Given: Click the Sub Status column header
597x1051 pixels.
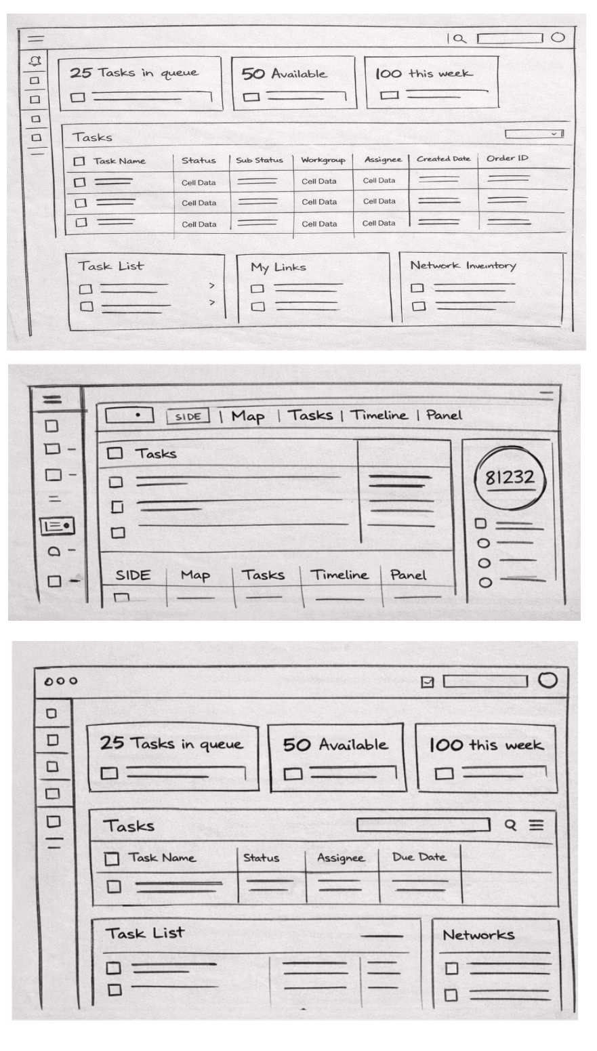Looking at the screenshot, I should coord(260,161).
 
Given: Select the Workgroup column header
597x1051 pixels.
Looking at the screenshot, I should coord(323,161).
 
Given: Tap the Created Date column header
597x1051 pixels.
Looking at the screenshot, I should coord(443,159).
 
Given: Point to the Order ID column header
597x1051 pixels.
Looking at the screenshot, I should coord(507,159).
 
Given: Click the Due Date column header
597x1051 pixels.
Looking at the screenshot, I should coord(419,857).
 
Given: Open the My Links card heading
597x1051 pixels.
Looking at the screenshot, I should coord(278,268).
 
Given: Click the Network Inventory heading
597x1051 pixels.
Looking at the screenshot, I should coord(463,266).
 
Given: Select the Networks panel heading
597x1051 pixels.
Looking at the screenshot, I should coord(478,935).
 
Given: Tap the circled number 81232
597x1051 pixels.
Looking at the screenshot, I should coord(509,477).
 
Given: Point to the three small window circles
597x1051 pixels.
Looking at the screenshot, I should coord(61,681).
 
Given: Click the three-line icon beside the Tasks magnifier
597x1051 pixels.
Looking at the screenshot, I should coord(536,825).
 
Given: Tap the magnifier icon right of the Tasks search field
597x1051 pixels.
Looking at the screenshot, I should coord(511,825).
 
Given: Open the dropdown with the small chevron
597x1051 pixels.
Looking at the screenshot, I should coord(534,134).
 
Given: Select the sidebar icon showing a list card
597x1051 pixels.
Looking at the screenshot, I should coord(58,525).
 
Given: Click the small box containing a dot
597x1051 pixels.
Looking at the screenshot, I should coord(129,414).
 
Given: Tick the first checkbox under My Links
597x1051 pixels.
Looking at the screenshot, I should coord(257,289).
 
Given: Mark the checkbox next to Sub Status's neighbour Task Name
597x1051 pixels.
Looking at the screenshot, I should coord(79,161).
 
